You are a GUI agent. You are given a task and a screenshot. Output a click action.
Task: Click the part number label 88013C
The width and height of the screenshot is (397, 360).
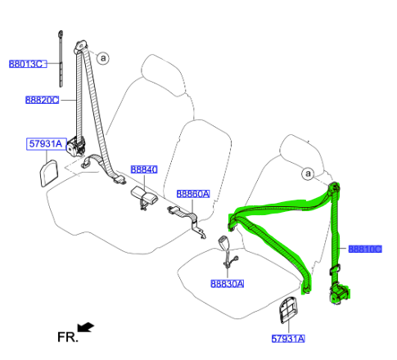(28, 64)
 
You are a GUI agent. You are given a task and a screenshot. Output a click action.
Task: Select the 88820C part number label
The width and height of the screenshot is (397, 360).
(42, 100)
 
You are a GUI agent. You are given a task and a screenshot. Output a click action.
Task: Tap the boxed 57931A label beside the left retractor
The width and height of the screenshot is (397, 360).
(47, 144)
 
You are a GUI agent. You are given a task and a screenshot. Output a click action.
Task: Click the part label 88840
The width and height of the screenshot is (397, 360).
(144, 169)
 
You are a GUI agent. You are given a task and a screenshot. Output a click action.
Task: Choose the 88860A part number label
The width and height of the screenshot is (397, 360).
(193, 194)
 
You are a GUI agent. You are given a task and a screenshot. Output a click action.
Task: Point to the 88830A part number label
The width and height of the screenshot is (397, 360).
(228, 284)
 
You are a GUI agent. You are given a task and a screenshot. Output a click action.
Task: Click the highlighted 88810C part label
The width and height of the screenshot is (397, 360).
(365, 249)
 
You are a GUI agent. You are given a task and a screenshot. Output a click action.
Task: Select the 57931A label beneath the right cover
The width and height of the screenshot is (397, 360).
(288, 339)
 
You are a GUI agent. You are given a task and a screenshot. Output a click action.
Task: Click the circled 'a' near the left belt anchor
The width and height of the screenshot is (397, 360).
(103, 58)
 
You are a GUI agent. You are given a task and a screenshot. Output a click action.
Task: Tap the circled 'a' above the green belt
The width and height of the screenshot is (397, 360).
(308, 173)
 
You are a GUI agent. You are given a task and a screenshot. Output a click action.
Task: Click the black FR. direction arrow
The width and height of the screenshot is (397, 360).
(85, 327)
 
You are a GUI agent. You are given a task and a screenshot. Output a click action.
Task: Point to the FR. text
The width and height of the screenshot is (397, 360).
(68, 337)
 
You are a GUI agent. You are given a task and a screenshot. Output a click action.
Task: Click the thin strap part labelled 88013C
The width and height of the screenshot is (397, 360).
(61, 59)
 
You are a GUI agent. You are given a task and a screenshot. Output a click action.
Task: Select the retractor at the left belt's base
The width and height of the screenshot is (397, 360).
(76, 146)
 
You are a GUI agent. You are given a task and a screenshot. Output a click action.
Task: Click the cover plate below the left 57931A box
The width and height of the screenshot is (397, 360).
(49, 173)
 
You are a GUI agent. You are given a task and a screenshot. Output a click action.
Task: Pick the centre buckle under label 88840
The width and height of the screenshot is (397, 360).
(144, 196)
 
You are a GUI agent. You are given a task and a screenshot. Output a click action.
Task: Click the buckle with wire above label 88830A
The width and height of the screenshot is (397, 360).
(227, 252)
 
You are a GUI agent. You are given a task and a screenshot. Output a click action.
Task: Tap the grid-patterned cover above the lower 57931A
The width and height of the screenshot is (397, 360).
(288, 309)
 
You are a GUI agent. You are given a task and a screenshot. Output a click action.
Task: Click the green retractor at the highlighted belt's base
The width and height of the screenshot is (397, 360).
(339, 294)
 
